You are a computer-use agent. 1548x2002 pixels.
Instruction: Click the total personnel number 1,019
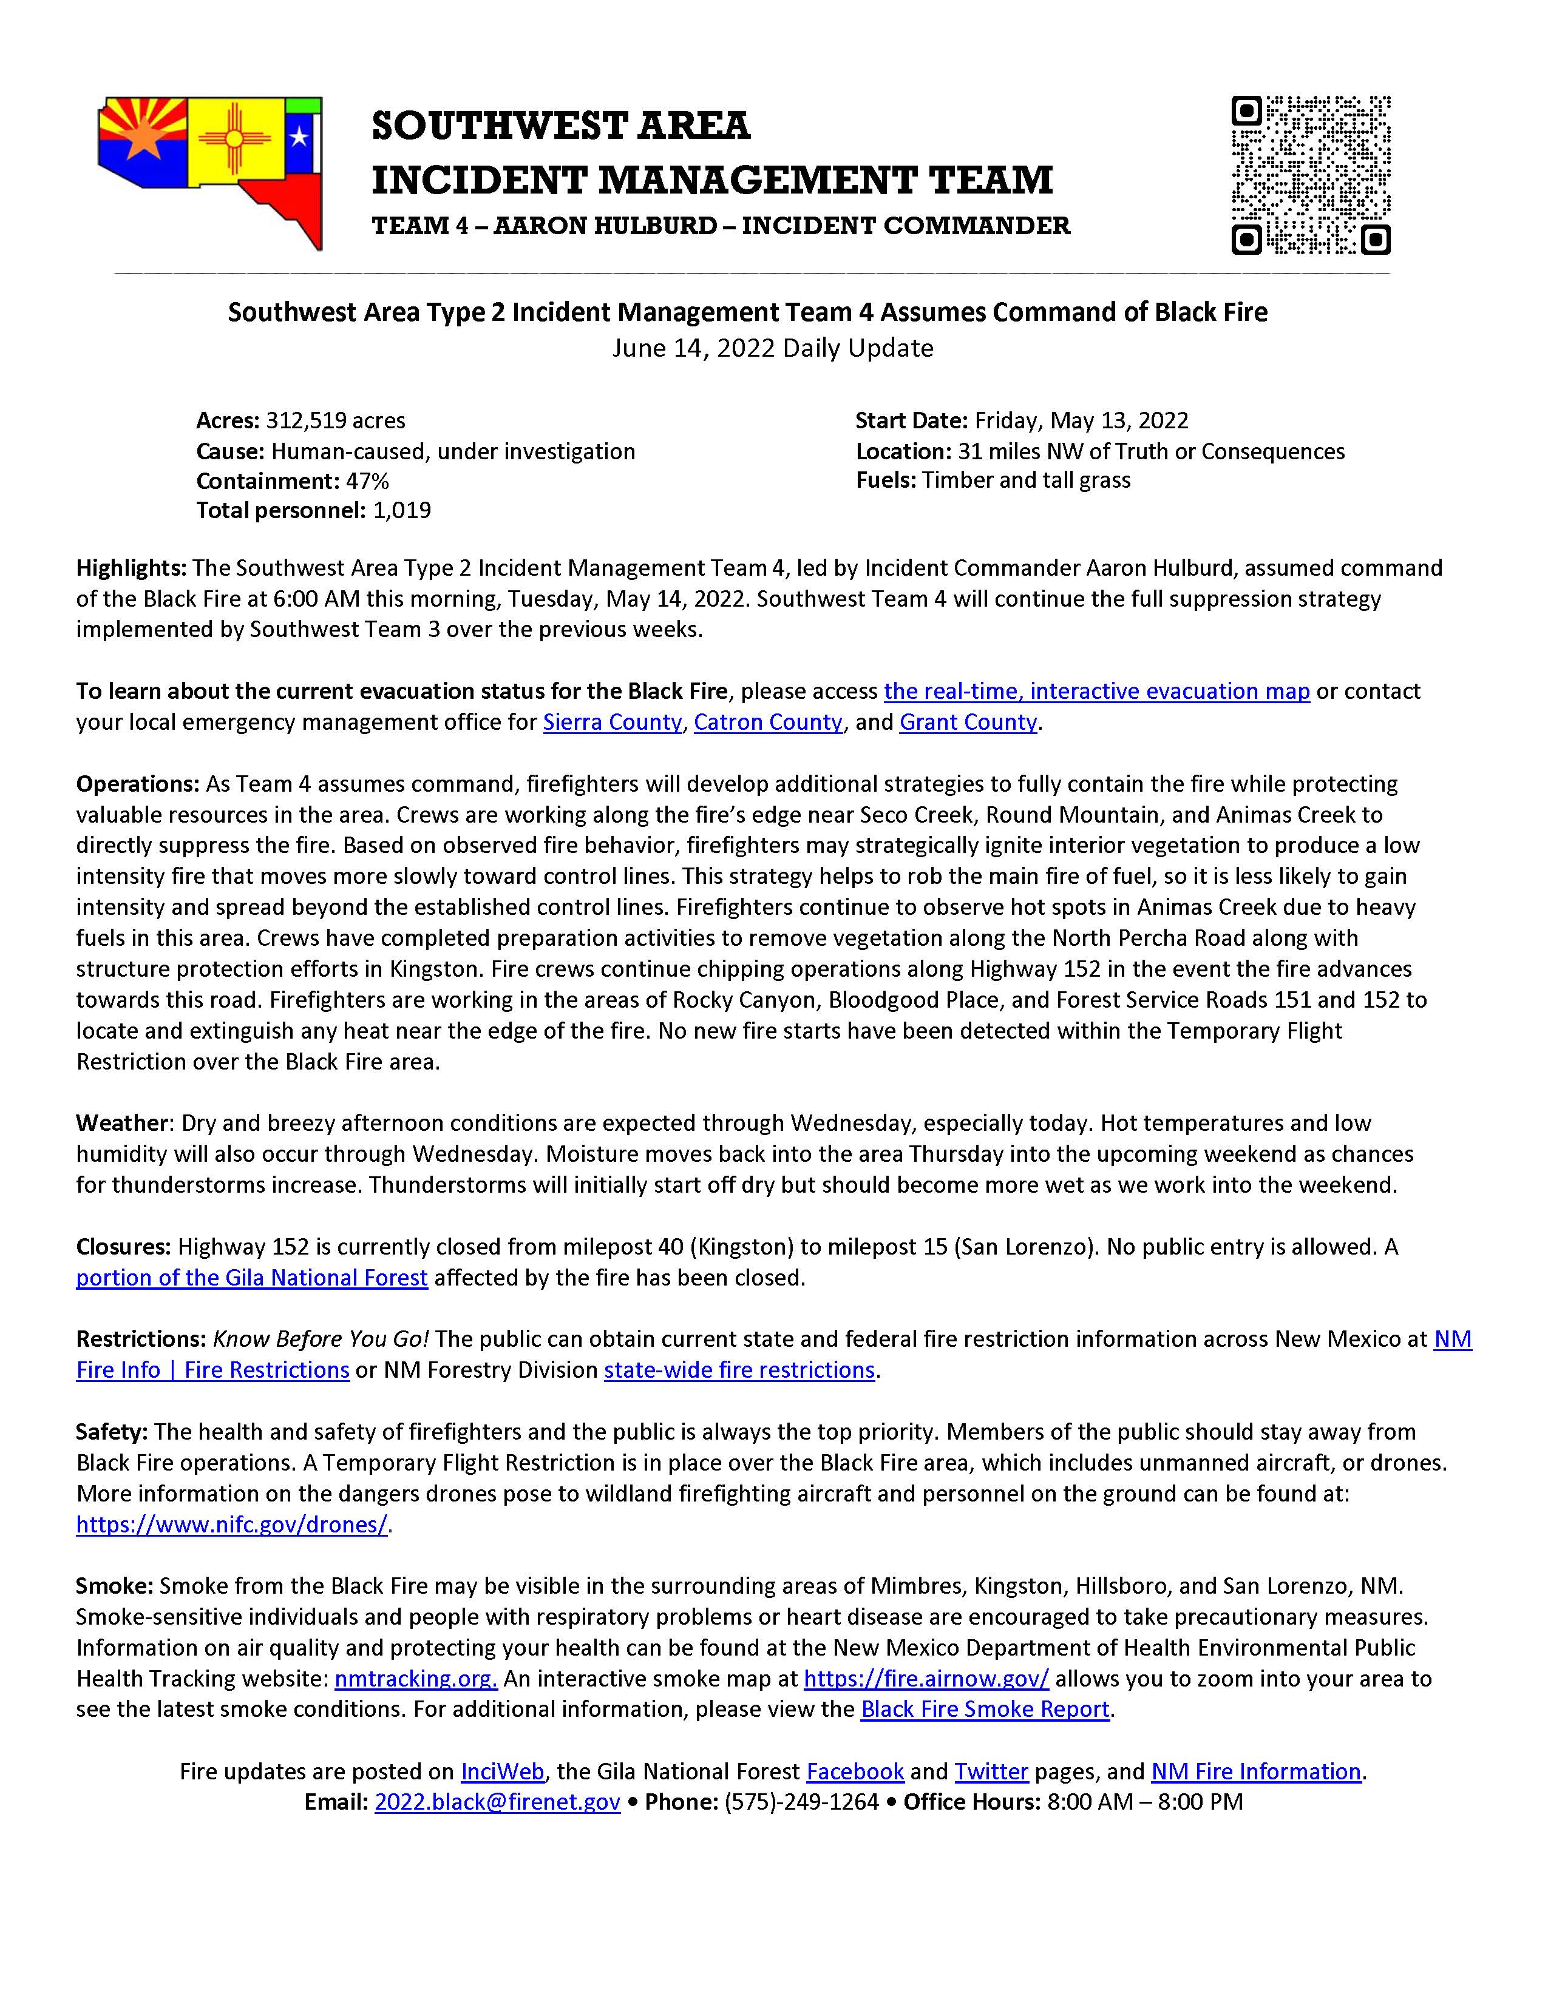(402, 511)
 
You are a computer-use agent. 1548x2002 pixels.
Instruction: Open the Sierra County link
(612, 723)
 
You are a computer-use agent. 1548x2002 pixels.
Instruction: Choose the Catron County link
(767, 723)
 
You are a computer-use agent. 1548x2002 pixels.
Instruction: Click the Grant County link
(968, 723)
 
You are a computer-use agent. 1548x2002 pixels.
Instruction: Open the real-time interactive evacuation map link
(1096, 691)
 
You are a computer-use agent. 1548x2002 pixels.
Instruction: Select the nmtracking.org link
(415, 1679)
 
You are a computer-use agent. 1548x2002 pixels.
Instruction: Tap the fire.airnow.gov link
(926, 1679)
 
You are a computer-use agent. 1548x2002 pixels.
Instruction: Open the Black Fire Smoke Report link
(985, 1710)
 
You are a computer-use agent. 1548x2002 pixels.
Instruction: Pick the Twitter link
(991, 1771)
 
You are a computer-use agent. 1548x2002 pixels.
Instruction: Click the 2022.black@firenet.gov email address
(497, 1802)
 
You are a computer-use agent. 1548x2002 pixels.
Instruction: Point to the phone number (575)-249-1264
(801, 1802)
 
